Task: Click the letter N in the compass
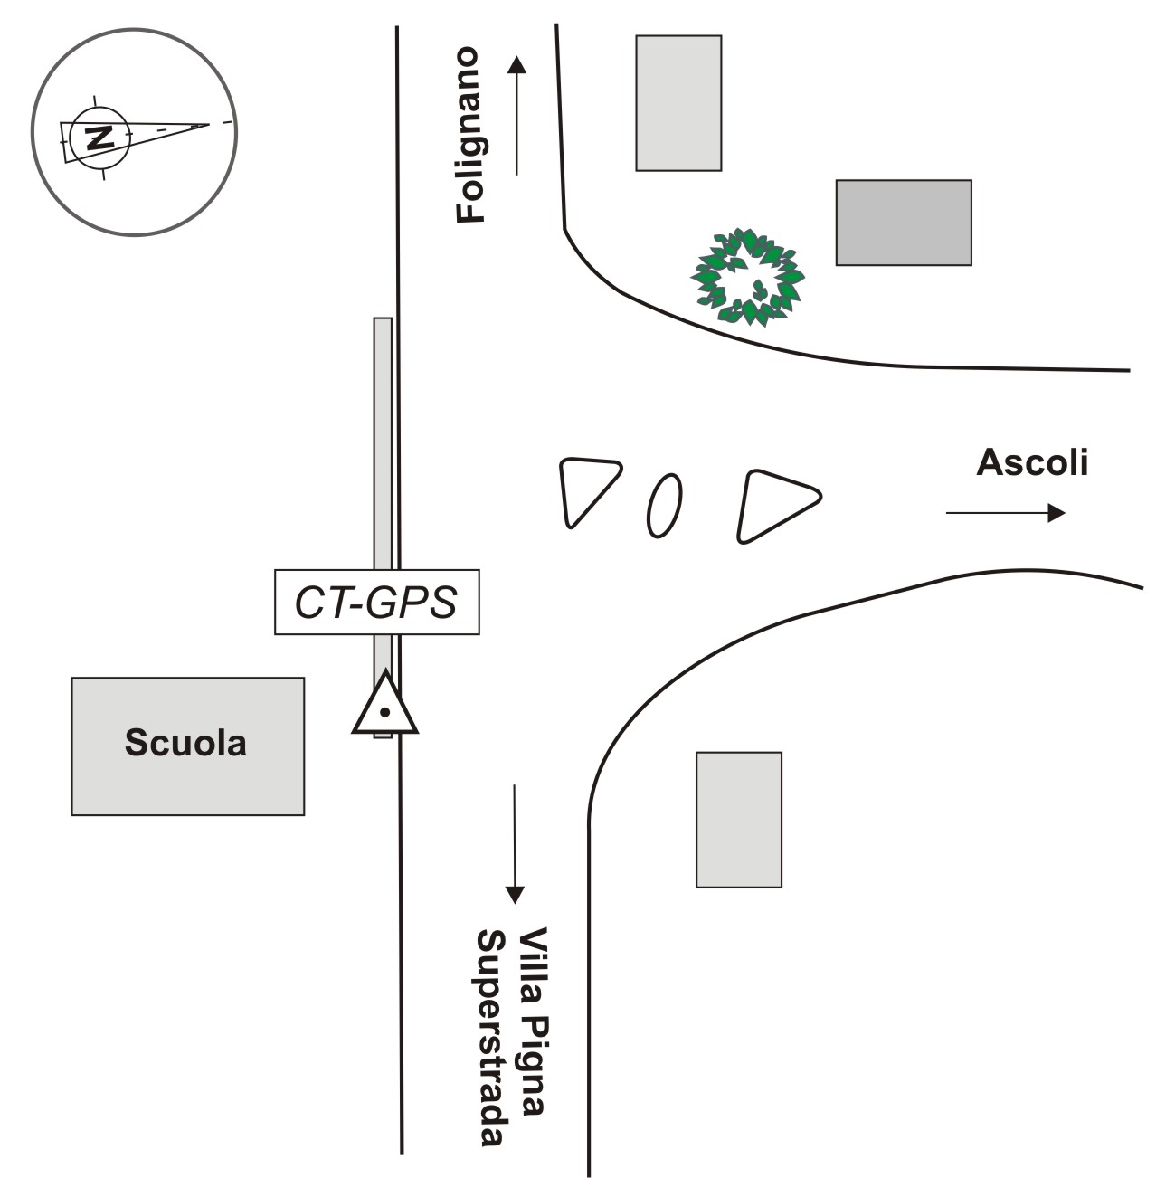click(x=99, y=138)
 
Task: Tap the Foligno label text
click(x=470, y=136)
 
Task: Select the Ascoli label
click(x=1032, y=462)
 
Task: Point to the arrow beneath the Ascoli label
click(x=1005, y=513)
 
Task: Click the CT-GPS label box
click(x=376, y=603)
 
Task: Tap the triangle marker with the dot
click(x=384, y=706)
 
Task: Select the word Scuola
click(x=185, y=743)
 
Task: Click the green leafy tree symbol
click(x=747, y=277)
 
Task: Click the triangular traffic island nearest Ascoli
click(x=774, y=504)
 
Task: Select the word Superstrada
click(x=490, y=1038)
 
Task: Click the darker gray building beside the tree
click(x=903, y=223)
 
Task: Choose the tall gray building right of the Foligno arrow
click(x=678, y=103)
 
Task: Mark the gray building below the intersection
click(x=738, y=820)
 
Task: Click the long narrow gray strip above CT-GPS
click(x=383, y=443)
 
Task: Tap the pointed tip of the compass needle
click(x=207, y=125)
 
